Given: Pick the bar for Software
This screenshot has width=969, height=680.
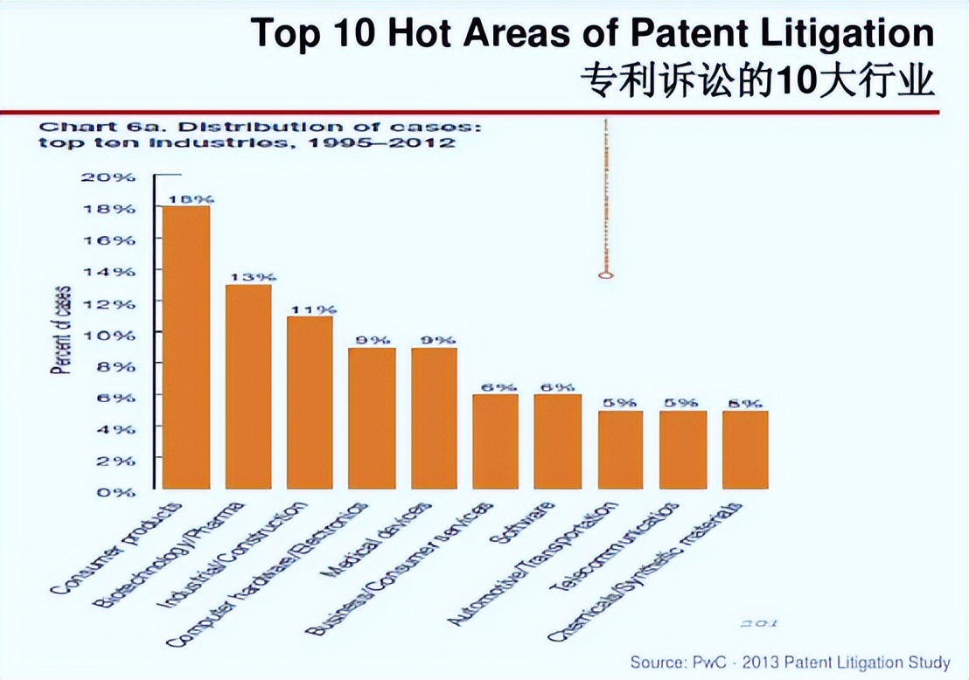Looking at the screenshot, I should point(558,441).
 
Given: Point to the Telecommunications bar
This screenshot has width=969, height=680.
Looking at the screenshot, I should point(682,449).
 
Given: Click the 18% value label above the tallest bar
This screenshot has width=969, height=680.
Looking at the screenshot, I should point(186,198).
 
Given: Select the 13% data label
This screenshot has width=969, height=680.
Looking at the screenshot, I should point(248,277).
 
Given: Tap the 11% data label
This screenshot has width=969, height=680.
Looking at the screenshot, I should point(310,309).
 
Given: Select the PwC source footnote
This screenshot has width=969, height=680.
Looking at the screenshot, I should point(789,662).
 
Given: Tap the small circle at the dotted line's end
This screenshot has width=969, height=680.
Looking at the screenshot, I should point(605,275).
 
